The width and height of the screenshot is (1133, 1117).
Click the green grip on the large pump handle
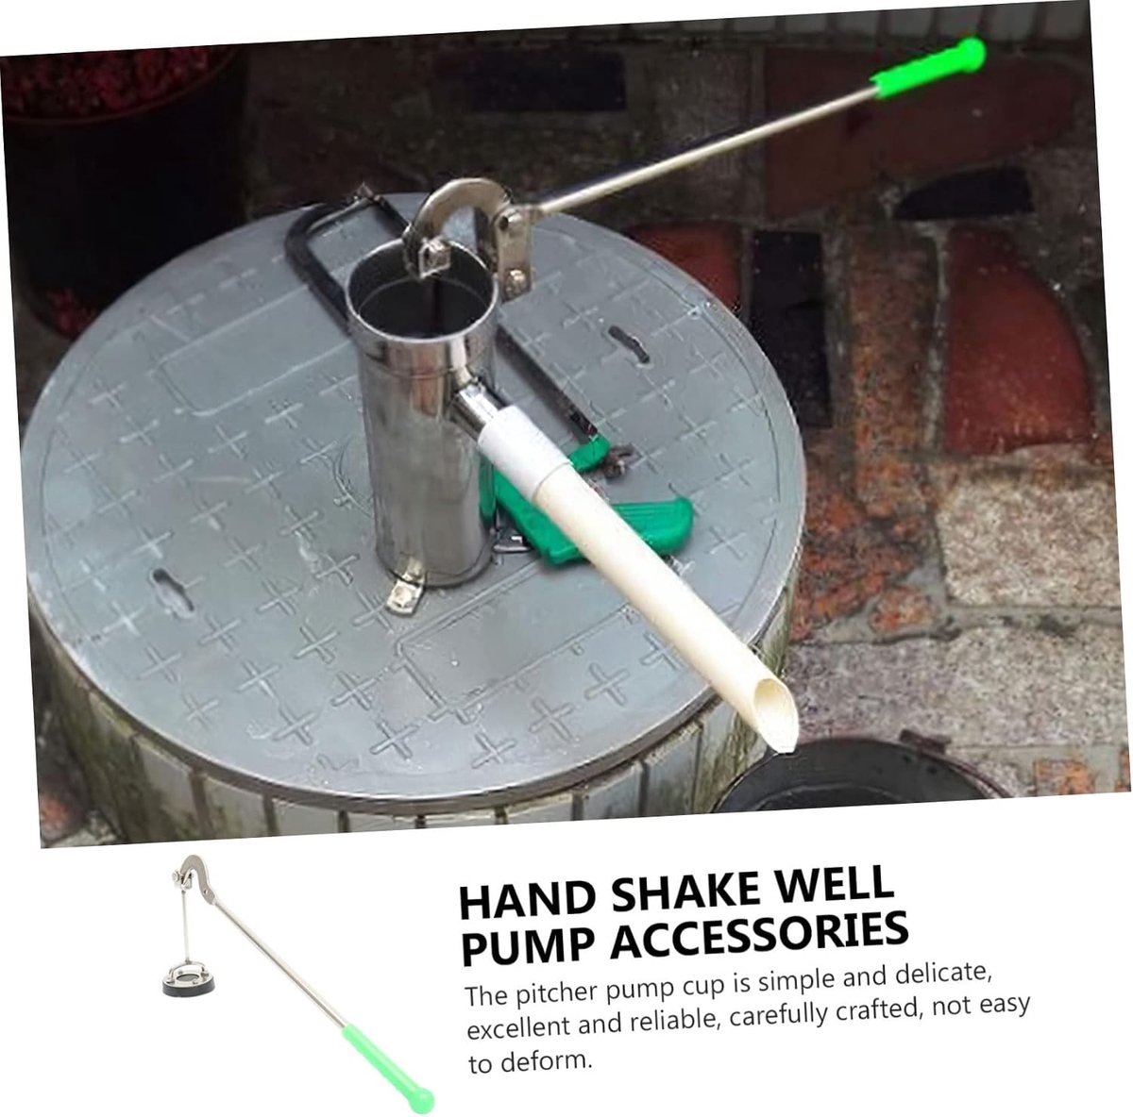[x=928, y=66]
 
